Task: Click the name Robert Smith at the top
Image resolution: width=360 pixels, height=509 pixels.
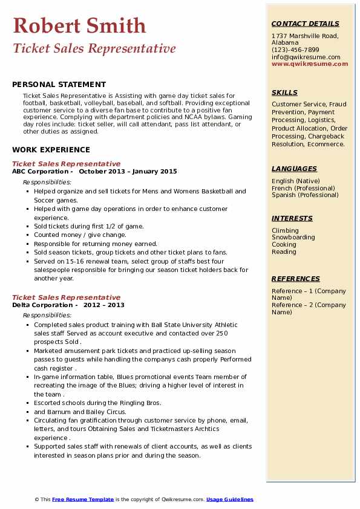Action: (79, 25)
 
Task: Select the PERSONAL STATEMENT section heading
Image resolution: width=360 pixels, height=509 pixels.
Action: (59, 85)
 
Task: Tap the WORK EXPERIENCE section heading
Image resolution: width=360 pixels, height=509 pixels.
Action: (51, 149)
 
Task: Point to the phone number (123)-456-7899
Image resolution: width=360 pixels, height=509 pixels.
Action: (295, 50)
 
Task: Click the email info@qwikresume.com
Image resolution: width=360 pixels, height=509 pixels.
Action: (306, 57)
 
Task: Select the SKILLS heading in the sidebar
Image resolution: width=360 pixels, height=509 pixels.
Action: (284, 92)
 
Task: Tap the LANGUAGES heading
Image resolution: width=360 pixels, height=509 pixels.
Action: (294, 169)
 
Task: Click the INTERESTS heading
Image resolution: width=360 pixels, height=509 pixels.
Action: (292, 218)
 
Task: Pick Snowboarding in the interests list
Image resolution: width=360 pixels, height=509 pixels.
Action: (293, 238)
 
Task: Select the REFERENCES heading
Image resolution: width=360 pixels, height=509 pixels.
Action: (295, 279)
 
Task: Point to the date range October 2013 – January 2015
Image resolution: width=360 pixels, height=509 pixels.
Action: (128, 172)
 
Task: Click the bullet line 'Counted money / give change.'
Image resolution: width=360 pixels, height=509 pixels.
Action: (80, 235)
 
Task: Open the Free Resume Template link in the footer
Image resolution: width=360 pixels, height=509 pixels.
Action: (83, 499)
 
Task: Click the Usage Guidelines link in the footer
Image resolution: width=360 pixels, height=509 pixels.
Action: (230, 499)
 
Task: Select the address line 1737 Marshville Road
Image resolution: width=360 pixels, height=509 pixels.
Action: (304, 36)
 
